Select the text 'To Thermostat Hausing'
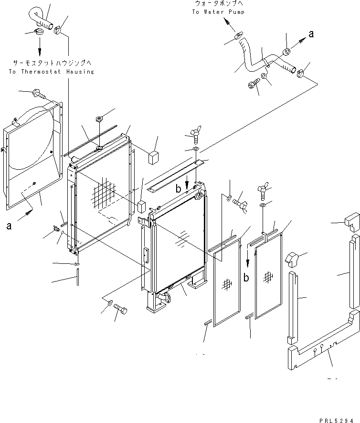(x=51, y=72)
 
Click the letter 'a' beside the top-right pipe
(x=311, y=33)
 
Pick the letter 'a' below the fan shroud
(x=9, y=227)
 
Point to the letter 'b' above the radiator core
(x=178, y=189)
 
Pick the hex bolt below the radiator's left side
(x=120, y=312)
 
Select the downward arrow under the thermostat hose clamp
(x=39, y=46)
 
